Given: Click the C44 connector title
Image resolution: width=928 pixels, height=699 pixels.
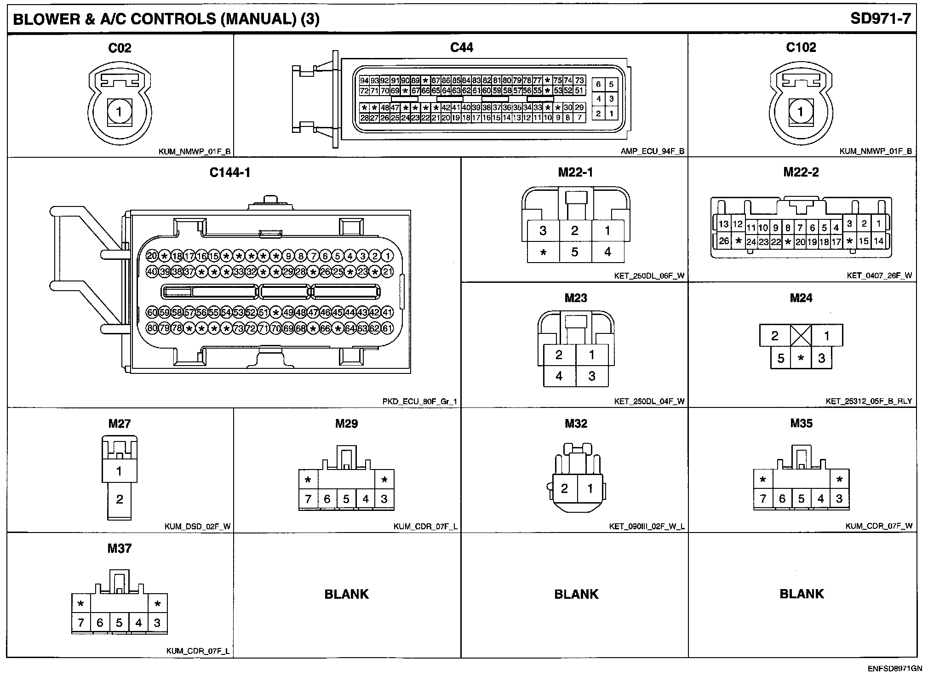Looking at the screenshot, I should (x=461, y=47).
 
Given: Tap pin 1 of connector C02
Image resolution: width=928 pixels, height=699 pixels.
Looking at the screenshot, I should (x=119, y=112).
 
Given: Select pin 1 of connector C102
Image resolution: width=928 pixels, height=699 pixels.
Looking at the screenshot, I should (x=801, y=112).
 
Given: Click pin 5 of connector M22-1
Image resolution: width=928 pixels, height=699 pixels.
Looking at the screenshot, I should (x=574, y=252).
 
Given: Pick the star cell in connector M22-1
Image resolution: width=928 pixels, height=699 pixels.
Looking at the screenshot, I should (x=543, y=252).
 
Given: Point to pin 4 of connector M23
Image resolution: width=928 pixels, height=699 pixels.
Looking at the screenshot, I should (x=559, y=376).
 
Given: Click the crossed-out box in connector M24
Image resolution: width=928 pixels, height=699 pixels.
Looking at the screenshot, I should (x=801, y=336).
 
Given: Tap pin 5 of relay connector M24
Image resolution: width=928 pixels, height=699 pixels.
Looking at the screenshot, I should (x=780, y=358).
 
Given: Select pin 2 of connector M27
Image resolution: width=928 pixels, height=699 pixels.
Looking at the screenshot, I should (x=120, y=499).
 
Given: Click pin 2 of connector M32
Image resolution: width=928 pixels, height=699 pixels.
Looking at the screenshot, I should (x=564, y=488).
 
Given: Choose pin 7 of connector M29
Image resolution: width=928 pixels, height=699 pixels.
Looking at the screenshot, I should (x=308, y=499).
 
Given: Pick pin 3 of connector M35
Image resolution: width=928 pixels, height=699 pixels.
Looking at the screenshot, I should (x=839, y=498).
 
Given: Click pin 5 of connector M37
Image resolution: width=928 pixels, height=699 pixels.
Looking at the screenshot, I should (x=119, y=623).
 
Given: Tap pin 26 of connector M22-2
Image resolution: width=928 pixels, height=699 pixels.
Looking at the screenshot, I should (x=724, y=241).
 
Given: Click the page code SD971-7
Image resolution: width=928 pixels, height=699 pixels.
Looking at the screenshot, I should (x=880, y=18).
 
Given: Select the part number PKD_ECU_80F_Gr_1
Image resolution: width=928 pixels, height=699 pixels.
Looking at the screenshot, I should (x=419, y=401).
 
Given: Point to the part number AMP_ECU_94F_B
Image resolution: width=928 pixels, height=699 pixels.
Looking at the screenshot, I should (x=652, y=151).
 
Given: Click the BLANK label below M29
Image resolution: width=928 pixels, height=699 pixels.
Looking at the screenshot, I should (x=346, y=594).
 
